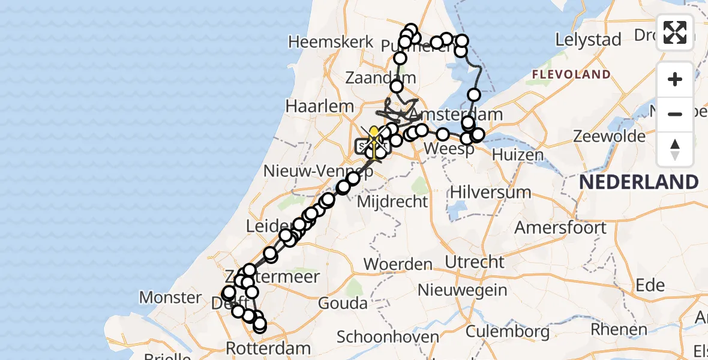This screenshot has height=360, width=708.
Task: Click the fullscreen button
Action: point(675,32)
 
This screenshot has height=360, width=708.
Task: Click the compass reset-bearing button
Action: point(675,149)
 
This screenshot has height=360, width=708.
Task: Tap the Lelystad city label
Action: point(588,40)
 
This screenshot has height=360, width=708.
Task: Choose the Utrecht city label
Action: point(475,262)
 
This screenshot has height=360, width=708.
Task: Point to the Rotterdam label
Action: point(268,348)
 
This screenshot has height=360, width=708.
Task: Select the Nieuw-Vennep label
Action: point(308,172)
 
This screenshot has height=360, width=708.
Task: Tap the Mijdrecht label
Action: point(392,202)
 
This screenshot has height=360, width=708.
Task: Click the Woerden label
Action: point(398,264)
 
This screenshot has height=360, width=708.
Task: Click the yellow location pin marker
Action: point(374,134)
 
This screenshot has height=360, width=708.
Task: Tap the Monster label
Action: point(170,297)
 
